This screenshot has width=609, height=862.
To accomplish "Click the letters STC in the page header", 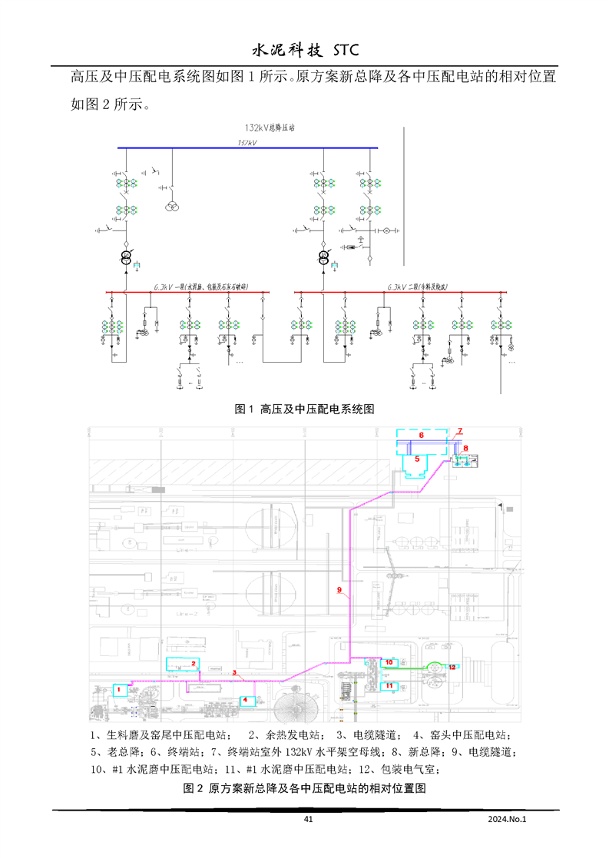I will click(x=342, y=51).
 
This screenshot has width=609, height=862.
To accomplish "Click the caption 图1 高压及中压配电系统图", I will click(x=304, y=409).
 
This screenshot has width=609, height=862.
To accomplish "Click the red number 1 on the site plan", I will click(x=120, y=690).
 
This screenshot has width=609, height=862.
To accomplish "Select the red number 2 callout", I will click(x=194, y=663).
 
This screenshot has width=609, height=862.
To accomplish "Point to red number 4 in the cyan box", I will click(x=245, y=700).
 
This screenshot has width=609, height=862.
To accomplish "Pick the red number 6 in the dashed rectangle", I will click(x=421, y=435).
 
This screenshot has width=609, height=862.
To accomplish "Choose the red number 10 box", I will click(x=389, y=662).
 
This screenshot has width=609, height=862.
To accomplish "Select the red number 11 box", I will click(x=389, y=685).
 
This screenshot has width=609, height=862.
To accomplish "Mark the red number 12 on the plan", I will click(x=452, y=667).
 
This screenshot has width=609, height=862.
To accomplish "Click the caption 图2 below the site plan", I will click(x=304, y=788).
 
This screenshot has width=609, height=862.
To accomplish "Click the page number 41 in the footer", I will click(x=309, y=820).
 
